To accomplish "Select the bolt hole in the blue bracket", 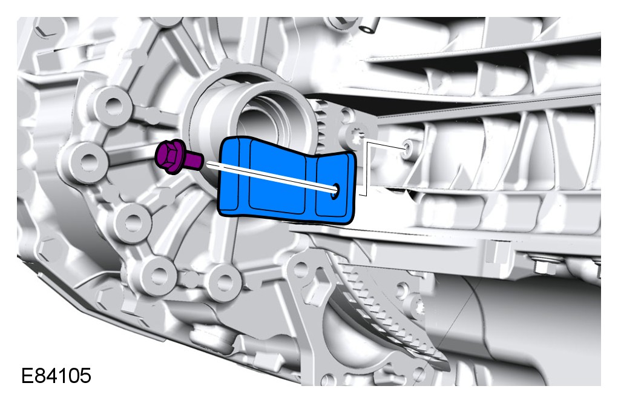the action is pyautogui.click(x=335, y=191).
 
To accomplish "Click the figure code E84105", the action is pyautogui.click(x=56, y=375).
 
